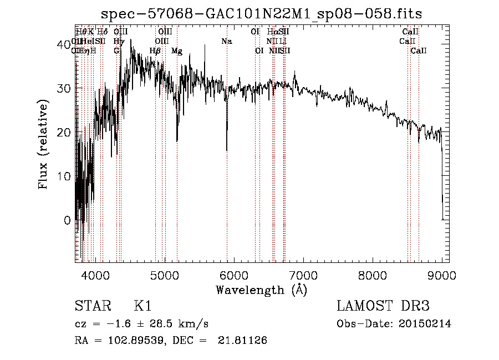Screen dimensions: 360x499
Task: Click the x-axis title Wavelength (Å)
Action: pyautogui.click(x=261, y=290)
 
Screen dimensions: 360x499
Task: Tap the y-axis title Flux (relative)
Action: pyautogui.click(x=43, y=144)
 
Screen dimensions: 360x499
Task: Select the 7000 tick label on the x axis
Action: pyautogui.click(x=303, y=275)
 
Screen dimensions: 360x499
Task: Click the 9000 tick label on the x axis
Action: pyautogui.click(x=442, y=275)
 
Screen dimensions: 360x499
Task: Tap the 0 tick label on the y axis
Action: pyautogui.click(x=67, y=220)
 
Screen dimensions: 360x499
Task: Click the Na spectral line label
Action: pyautogui.click(x=226, y=41)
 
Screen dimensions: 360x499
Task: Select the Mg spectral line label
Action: pyautogui.click(x=177, y=51)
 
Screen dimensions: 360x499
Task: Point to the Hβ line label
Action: pyautogui.click(x=155, y=51)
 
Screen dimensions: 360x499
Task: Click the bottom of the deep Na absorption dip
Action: pyautogui.click(x=227, y=150)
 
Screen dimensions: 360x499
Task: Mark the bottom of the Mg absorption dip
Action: pyautogui.click(x=177, y=141)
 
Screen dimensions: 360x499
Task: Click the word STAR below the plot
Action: pyautogui.click(x=92, y=306)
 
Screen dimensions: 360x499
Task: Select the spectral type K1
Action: pyautogui.click(x=142, y=306)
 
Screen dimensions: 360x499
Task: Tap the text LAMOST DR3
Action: pyautogui.click(x=383, y=306)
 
